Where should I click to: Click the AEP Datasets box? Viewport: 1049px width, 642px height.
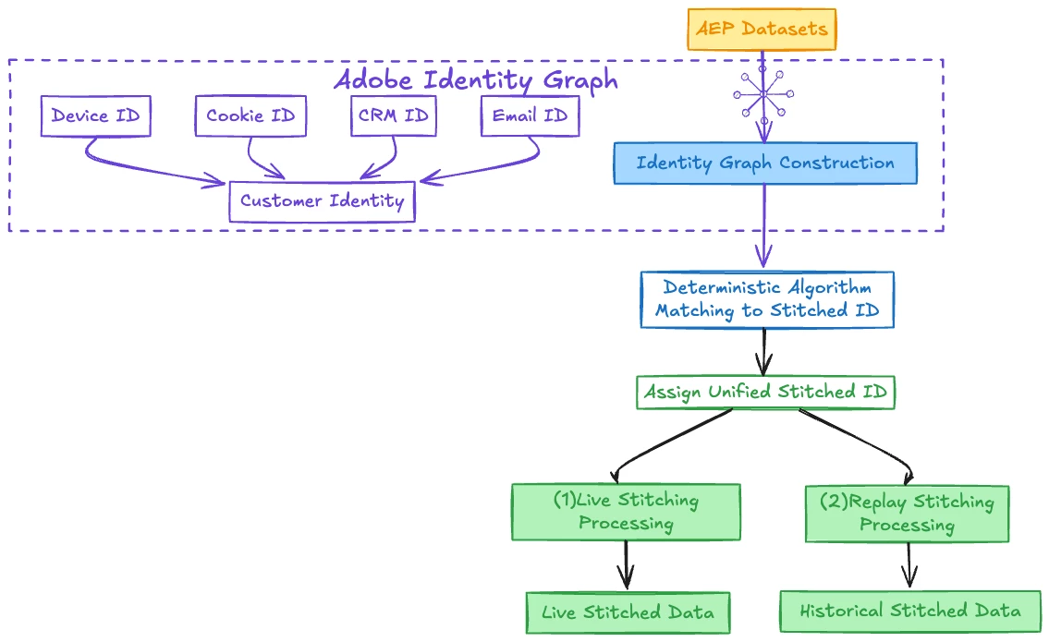point(762,29)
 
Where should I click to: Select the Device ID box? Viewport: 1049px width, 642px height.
point(95,116)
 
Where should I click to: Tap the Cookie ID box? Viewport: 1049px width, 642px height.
point(250,116)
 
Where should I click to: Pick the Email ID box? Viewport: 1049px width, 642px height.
point(530,116)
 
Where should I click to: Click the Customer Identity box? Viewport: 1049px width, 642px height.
point(322,200)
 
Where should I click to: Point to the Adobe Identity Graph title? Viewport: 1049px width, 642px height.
point(475,79)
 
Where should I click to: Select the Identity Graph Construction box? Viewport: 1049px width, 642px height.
point(765,164)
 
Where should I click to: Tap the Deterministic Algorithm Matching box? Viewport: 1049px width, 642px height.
point(767,299)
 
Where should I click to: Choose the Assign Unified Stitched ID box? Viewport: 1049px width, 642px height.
point(765,392)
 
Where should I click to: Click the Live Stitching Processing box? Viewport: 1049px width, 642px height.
point(626,512)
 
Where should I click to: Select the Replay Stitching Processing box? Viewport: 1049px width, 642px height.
point(907,514)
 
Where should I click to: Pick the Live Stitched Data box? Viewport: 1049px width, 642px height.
point(628,612)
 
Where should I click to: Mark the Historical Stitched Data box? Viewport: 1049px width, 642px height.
point(910,611)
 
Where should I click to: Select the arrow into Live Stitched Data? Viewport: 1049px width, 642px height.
point(627,564)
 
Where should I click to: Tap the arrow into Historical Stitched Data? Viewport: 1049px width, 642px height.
point(909,563)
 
